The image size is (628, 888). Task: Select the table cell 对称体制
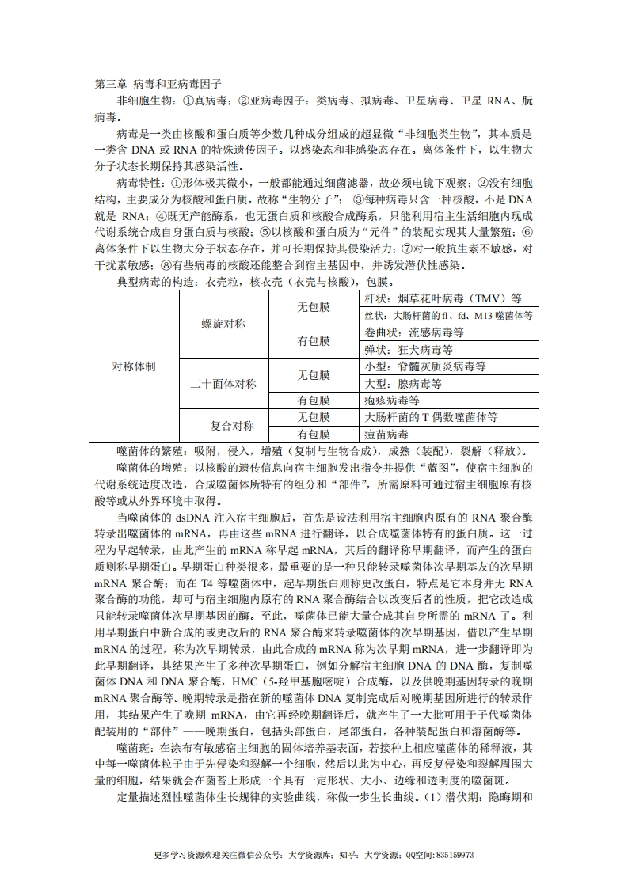point(133,366)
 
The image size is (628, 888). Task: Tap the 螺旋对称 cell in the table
point(224,324)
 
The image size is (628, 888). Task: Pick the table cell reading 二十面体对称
point(224,384)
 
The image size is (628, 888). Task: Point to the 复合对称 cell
point(224,426)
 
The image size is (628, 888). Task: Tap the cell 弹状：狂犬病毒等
point(409,349)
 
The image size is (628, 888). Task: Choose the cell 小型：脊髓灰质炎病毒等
point(425,366)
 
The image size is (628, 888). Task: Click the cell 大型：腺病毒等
point(403,383)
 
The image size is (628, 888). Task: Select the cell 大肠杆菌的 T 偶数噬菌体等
point(431,417)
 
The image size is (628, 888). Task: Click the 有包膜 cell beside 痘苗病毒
point(314,435)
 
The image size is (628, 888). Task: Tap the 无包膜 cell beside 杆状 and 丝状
point(314,307)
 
